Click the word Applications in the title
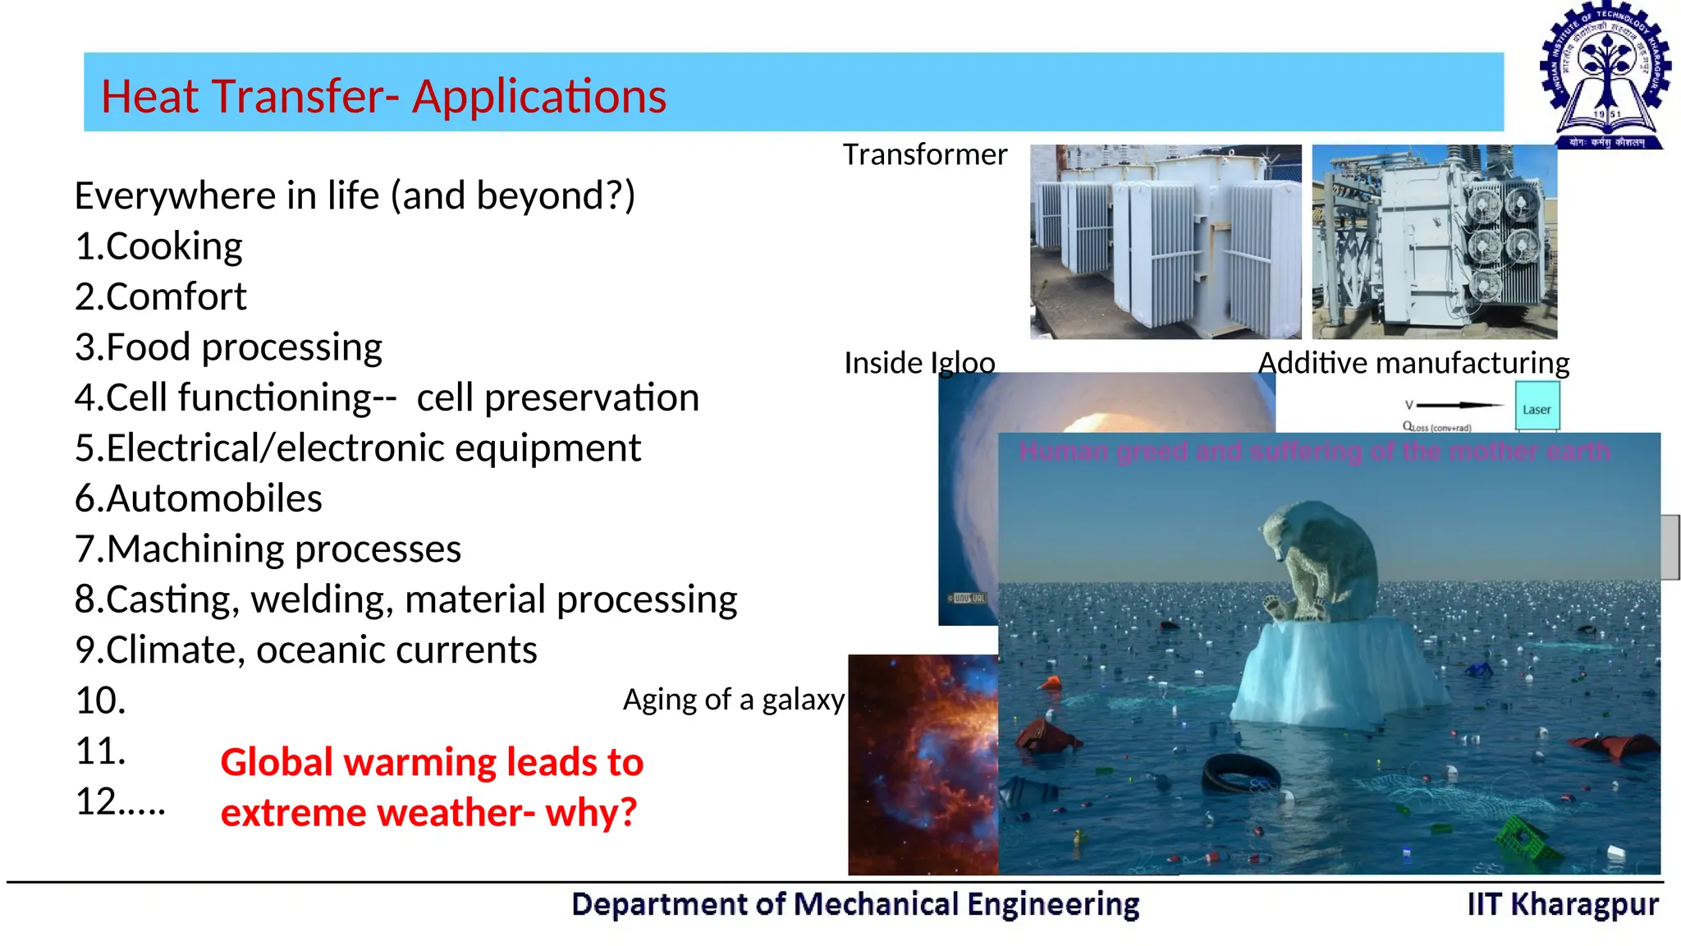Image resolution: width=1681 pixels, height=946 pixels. click(x=538, y=96)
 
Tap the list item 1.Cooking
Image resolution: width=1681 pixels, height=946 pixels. click(x=158, y=246)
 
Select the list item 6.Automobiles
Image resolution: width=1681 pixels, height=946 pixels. click(x=198, y=498)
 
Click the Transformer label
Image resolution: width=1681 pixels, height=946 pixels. click(x=924, y=154)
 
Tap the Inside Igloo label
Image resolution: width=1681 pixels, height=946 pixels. click(x=918, y=362)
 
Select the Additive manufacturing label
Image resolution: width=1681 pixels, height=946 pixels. click(x=1413, y=362)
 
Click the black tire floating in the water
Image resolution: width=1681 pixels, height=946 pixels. click(x=1240, y=772)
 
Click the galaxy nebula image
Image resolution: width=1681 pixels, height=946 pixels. click(x=923, y=764)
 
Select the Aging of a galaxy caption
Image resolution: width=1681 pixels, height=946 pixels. click(x=733, y=700)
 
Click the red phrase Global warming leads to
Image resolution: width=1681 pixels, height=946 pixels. click(x=432, y=762)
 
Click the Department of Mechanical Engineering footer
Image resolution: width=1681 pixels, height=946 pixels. click(x=854, y=904)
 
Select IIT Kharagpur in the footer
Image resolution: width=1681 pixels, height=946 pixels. click(x=1562, y=904)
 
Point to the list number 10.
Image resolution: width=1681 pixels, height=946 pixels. click(x=100, y=700)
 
